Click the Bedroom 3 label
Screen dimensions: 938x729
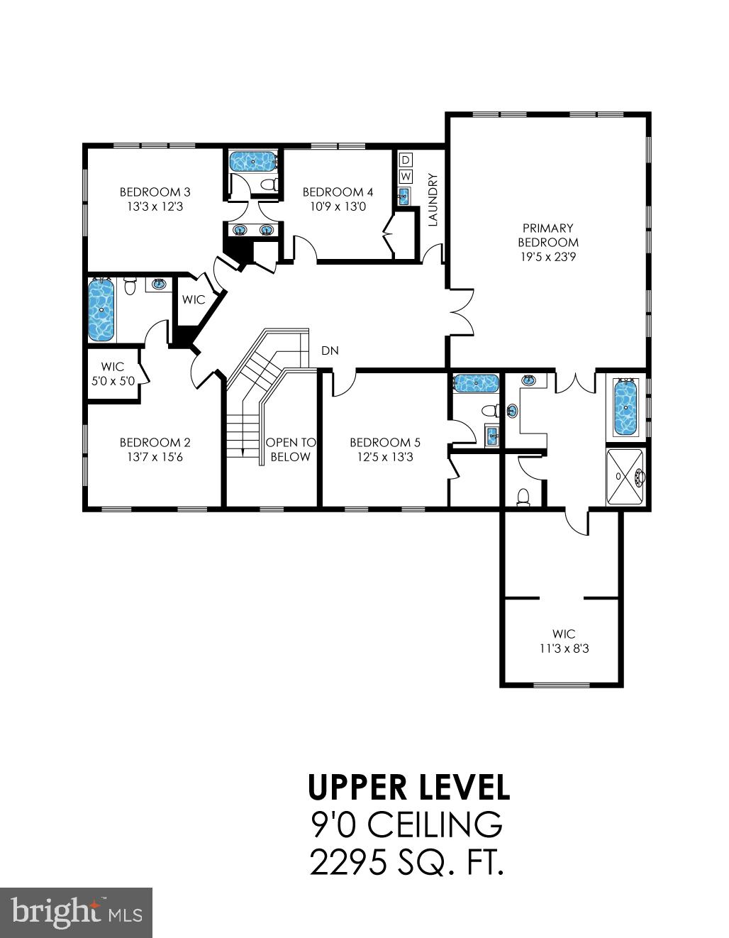pyautogui.click(x=155, y=192)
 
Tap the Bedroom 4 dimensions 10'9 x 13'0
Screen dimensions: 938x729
pyautogui.click(x=338, y=207)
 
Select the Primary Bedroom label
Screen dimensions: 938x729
pyautogui.click(x=547, y=235)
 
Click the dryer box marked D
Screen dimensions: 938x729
pyautogui.click(x=406, y=160)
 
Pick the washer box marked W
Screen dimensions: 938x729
pyautogui.click(x=406, y=176)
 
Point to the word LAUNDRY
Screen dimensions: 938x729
pyautogui.click(x=433, y=200)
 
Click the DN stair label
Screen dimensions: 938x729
pyautogui.click(x=330, y=351)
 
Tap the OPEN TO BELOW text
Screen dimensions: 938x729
pyautogui.click(x=291, y=450)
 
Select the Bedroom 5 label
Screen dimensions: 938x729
pyautogui.click(x=380, y=442)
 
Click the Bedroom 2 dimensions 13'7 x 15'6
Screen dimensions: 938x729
pyautogui.click(x=155, y=458)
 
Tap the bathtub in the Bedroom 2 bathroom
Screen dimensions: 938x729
pyautogui.click(x=101, y=310)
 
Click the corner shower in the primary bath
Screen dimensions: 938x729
pyautogui.click(x=626, y=477)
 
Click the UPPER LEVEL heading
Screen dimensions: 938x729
pyautogui.click(x=409, y=787)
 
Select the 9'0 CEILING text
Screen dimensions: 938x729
pyautogui.click(x=407, y=824)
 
